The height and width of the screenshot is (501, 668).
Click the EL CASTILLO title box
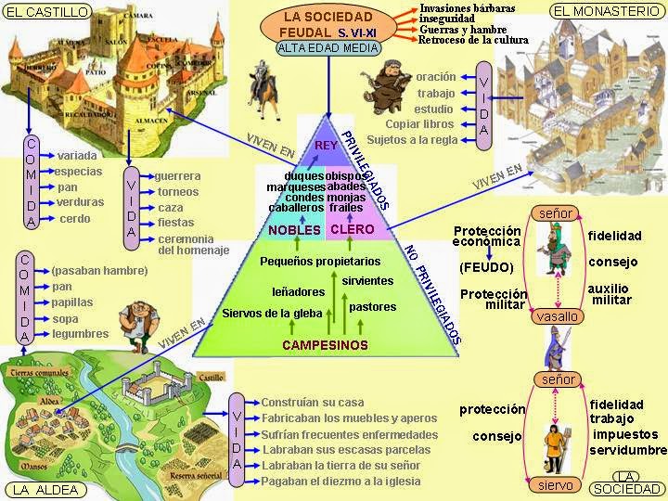click(47, 12)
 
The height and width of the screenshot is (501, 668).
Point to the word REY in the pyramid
click(326, 145)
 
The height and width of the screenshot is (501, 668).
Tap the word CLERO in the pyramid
click(353, 230)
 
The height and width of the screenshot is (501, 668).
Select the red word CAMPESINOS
click(325, 345)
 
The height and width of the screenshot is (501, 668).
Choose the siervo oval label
click(557, 485)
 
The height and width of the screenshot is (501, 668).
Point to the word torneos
click(178, 192)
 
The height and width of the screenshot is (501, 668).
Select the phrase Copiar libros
click(419, 124)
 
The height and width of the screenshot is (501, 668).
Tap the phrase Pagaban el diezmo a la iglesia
click(340, 482)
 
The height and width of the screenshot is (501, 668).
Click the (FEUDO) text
click(482, 267)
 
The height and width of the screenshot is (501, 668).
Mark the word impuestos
click(626, 435)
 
